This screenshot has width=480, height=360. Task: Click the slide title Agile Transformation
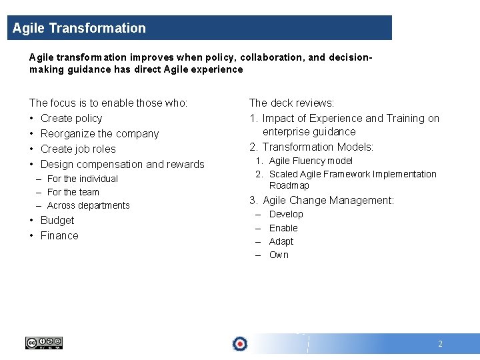(x=79, y=28)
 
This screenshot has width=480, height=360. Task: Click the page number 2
(x=440, y=344)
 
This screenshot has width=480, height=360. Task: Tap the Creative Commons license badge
(x=44, y=343)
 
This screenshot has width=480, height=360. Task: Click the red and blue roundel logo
(x=240, y=343)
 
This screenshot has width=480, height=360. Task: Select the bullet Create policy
(x=71, y=118)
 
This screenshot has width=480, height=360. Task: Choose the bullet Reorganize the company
(x=99, y=133)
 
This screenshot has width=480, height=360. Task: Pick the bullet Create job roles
(x=78, y=149)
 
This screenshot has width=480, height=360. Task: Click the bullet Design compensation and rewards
(x=122, y=164)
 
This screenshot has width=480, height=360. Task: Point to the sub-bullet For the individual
(x=83, y=179)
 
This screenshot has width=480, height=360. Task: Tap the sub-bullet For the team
(x=73, y=192)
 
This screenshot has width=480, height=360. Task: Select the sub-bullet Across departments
(x=89, y=205)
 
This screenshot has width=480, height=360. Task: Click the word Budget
(x=57, y=220)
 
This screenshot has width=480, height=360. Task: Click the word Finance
(x=59, y=235)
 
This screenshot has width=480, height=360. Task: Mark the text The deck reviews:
(x=291, y=103)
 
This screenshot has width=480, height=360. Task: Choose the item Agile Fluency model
(x=311, y=161)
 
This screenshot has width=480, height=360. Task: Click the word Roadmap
(x=289, y=185)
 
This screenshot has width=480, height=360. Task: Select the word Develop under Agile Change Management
(x=286, y=214)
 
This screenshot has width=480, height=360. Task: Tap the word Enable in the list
(x=283, y=228)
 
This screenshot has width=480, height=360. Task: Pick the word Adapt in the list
(x=281, y=241)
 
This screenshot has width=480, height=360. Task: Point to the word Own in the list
(x=279, y=255)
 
